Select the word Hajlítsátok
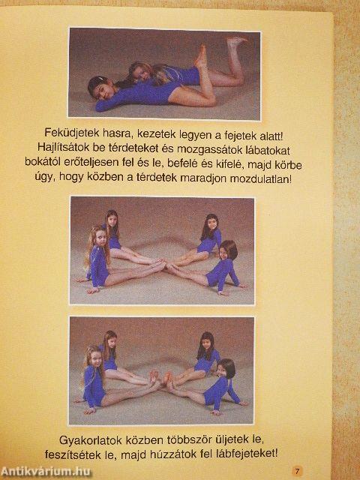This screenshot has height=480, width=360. [x=64, y=148]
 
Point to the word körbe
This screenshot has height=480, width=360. [x=288, y=165]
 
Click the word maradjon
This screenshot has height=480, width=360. [x=202, y=178]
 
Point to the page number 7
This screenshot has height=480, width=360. [x=297, y=470]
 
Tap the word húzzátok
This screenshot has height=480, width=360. [x=173, y=454]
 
